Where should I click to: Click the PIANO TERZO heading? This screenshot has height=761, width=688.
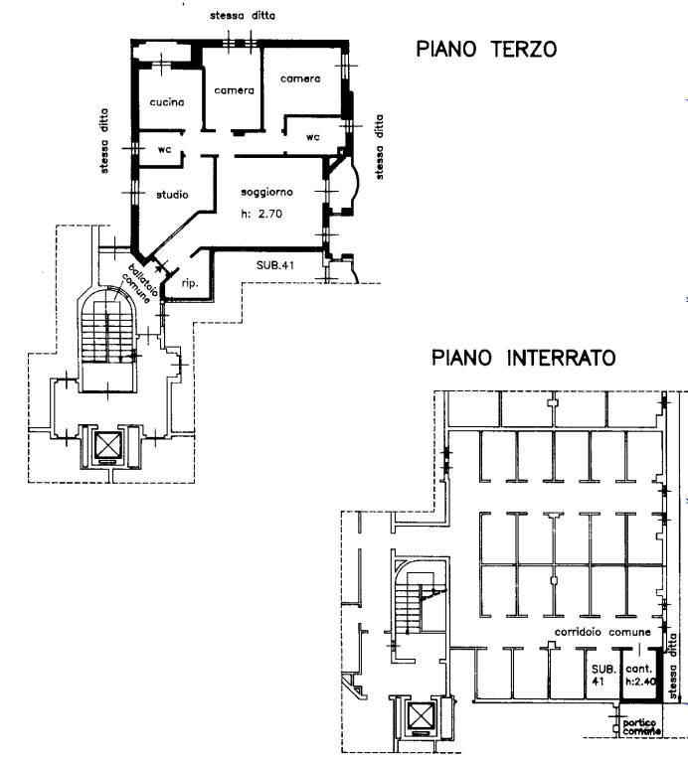click(x=486, y=49)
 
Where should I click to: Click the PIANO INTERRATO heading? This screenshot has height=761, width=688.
click(x=523, y=359)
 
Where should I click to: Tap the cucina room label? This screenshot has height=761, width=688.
click(x=167, y=102)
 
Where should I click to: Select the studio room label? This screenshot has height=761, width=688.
click(x=172, y=195)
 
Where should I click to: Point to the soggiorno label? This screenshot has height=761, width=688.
click(x=267, y=192)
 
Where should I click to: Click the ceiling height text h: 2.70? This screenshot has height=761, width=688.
click(x=261, y=214)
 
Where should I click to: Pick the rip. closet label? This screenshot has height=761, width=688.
click(x=190, y=283)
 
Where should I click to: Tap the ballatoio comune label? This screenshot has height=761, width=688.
click(x=140, y=283)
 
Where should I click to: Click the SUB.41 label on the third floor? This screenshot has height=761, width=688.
click(x=275, y=265)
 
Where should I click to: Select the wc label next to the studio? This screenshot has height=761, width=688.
click(x=165, y=149)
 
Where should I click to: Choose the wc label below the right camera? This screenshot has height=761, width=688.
click(x=313, y=137)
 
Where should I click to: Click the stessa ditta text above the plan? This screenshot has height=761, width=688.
click(x=243, y=16)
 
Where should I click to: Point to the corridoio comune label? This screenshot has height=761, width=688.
click(x=602, y=632)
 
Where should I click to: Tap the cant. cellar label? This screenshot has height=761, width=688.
click(x=638, y=670)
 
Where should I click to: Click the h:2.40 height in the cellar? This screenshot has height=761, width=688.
click(x=640, y=681)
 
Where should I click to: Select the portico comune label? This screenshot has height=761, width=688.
click(x=641, y=726)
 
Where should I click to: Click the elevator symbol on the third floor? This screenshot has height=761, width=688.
click(x=106, y=445)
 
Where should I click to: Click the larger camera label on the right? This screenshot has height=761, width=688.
click(x=300, y=78)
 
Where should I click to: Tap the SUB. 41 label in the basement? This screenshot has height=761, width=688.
click(x=603, y=676)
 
